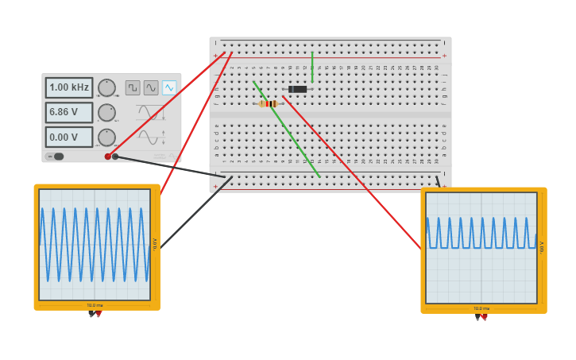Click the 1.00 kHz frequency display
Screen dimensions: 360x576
point(69,87)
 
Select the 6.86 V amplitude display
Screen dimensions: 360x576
point(69,112)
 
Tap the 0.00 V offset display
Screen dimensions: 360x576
point(69,137)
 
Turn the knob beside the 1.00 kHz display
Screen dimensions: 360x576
point(106,87)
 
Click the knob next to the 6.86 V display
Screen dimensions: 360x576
point(106,113)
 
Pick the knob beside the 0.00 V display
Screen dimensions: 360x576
point(106,137)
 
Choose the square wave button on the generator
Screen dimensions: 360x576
point(133,87)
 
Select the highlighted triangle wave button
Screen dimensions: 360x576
point(169,87)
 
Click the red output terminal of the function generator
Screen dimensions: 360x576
point(108,157)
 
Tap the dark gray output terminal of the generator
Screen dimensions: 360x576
point(115,157)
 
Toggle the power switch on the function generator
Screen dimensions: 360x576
point(56,157)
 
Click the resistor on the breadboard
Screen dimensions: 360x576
point(269,103)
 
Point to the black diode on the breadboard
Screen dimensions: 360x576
point(298,89)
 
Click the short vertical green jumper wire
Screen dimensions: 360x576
point(312,68)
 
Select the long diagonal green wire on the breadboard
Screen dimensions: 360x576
point(286,128)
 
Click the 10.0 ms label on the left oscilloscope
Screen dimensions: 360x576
point(95,305)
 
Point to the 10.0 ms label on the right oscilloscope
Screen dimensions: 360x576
point(481,308)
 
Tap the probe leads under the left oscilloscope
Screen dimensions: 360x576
point(95,314)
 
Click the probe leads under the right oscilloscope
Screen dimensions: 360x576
point(481,317)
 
